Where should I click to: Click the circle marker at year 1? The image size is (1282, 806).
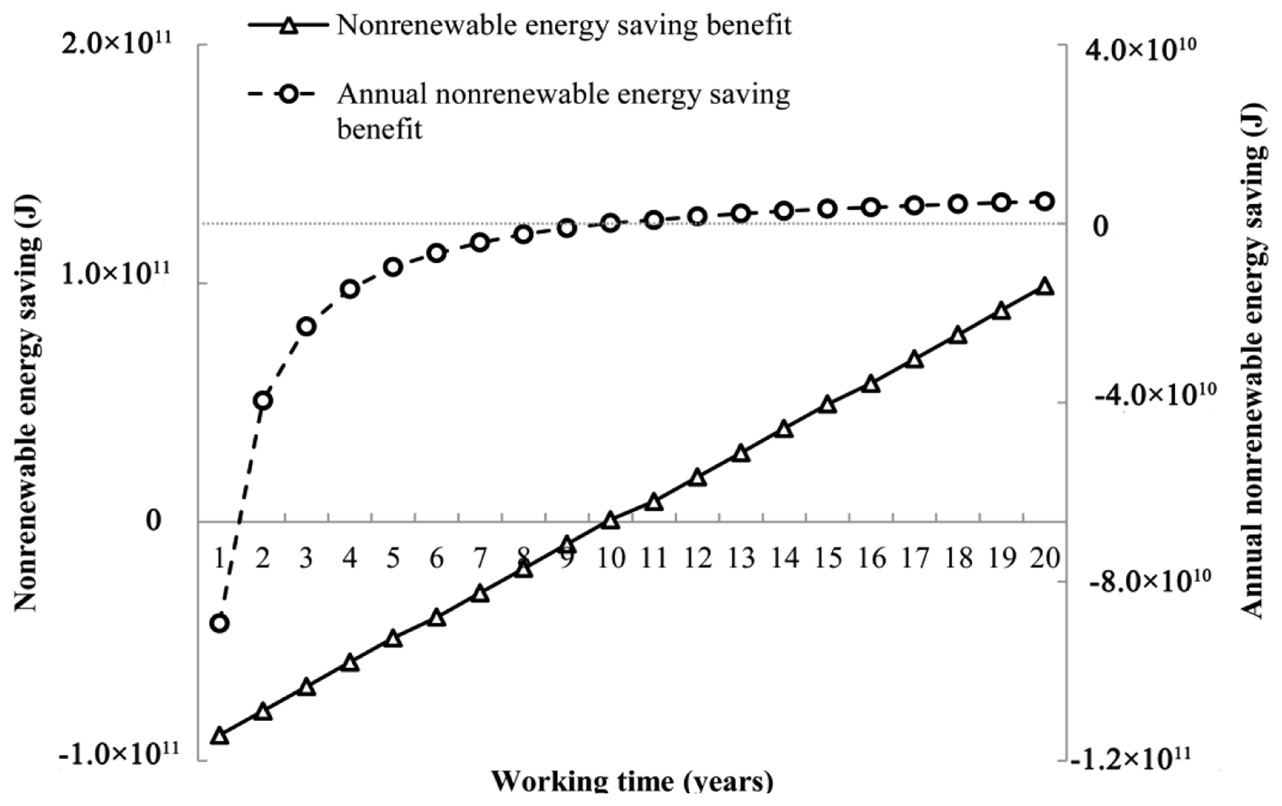(219, 623)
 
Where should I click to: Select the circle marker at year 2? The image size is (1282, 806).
(263, 400)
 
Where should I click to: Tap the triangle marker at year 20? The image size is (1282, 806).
(1044, 287)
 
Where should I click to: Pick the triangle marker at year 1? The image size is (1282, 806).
(219, 736)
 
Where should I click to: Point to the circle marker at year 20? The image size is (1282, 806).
(1044, 201)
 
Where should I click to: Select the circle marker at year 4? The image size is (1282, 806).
(350, 289)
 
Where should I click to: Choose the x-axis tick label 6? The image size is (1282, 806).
(437, 559)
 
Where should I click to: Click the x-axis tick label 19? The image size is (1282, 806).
(1002, 559)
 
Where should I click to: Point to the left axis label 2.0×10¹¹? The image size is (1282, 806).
(117, 46)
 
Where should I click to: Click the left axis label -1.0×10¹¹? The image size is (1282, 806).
(118, 755)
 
